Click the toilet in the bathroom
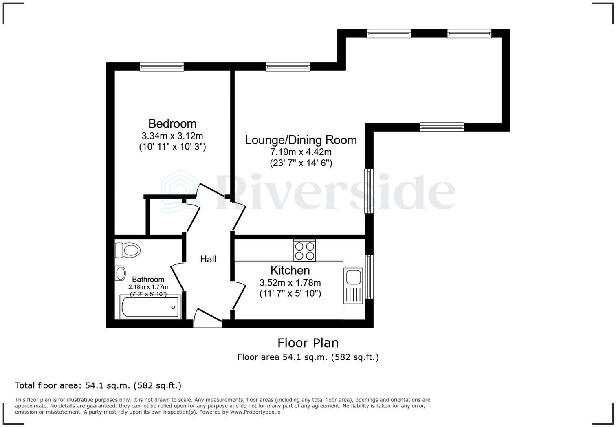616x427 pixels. coord(128,250)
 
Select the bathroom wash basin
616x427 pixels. coord(121,273)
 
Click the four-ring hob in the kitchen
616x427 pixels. coord(304,250)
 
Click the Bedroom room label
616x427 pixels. coord(172,123)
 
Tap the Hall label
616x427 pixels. coord(208,259)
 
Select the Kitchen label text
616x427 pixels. coord(290,270)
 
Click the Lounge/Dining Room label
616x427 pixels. coord(301,140)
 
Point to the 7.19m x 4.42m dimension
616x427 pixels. coord(301,152)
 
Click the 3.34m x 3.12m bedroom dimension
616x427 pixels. coord(172,136)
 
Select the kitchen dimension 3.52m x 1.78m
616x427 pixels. coord(290,282)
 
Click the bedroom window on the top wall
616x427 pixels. coord(162,67)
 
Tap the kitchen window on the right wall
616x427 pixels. coord(369,277)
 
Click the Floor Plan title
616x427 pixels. coord(308,343)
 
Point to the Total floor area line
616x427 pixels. coord(98,385)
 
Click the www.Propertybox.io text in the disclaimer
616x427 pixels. coord(255,412)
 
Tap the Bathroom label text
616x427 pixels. coord(148,280)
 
